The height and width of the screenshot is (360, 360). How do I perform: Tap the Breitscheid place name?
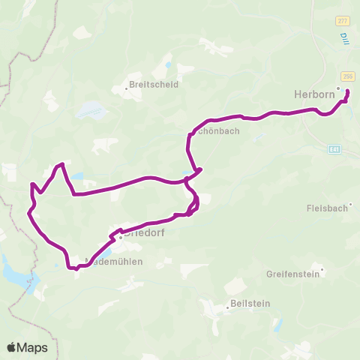(x=154, y=85)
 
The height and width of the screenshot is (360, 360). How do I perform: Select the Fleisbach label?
(x=328, y=207)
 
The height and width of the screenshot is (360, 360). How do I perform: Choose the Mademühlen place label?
(x=115, y=262)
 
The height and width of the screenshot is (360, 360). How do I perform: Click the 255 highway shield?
(x=347, y=76)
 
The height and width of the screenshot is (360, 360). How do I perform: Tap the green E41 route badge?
(x=334, y=149)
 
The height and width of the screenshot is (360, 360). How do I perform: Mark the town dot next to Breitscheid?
(x=126, y=88)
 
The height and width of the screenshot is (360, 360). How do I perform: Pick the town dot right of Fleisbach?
(x=350, y=203)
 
